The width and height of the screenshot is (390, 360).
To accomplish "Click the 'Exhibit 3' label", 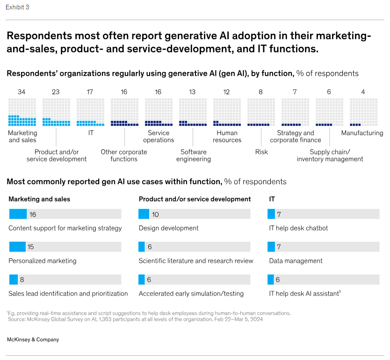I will [x=17, y=7].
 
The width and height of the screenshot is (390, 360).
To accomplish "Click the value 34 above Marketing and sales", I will [x=22, y=92].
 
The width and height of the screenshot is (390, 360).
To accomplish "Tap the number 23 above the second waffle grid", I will [x=56, y=92].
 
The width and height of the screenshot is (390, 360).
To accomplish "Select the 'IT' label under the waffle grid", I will [x=91, y=133].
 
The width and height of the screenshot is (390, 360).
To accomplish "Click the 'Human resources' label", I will [x=227, y=137].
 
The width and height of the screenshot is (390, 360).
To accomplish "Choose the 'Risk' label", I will [x=261, y=152].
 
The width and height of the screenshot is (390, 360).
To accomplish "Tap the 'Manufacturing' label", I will [x=362, y=133].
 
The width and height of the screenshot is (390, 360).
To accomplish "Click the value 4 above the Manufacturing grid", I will [x=363, y=92].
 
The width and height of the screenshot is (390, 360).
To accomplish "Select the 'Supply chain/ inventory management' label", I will [x=330, y=155].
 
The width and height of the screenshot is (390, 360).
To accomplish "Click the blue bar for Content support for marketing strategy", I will [x=18, y=214].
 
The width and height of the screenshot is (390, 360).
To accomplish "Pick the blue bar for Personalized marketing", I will [x=18, y=247].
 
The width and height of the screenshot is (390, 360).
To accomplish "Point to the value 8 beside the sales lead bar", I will [x=22, y=280].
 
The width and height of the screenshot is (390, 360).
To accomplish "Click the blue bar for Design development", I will [x=144, y=214].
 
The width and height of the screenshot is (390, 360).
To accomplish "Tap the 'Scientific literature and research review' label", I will [x=196, y=261].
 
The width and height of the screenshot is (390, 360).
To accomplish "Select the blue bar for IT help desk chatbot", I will [x=271, y=214].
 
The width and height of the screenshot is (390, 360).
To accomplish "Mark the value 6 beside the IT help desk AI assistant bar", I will [x=278, y=280].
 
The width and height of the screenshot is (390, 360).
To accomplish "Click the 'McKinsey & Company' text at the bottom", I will [x=33, y=339].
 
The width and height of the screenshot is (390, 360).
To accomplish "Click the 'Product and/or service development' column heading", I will [x=195, y=199].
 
